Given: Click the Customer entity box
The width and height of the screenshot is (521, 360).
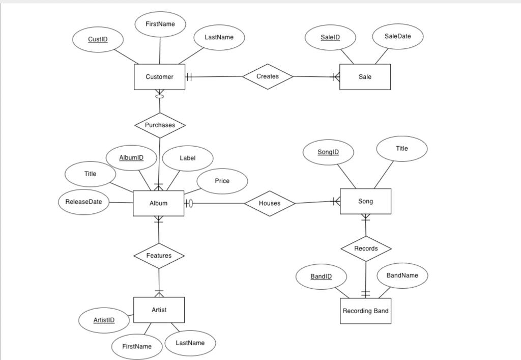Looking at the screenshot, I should [159, 77].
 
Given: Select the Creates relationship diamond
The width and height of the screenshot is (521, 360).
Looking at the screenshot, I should [268, 76].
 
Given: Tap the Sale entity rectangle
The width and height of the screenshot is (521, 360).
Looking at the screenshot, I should [365, 77].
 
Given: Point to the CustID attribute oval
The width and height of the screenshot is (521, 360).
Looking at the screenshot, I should [98, 39].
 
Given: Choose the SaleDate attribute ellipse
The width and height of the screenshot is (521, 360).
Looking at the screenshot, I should [397, 36].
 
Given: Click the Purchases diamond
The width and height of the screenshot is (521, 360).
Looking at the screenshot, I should [160, 125].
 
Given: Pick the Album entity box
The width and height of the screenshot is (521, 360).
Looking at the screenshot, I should [158, 203].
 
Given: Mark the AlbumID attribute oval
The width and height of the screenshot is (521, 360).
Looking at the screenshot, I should [131, 158].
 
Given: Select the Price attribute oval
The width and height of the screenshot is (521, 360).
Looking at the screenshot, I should [222, 181].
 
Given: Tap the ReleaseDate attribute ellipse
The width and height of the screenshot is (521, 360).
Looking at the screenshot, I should [83, 202].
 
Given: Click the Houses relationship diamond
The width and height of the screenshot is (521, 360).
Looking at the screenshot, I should [269, 203].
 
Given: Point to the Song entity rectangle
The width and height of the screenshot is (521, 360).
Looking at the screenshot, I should [365, 201].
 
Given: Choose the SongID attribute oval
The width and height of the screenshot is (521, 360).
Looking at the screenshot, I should [328, 152].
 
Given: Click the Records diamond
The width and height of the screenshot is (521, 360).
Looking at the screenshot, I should [366, 248].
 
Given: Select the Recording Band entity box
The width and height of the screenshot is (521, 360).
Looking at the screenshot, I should [365, 311].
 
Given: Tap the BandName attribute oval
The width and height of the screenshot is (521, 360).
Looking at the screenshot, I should [402, 275].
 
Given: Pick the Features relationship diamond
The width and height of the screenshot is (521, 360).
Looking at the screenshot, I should [159, 256].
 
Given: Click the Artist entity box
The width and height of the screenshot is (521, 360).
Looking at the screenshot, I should [159, 310].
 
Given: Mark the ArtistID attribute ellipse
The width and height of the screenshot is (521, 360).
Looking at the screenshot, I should [104, 320].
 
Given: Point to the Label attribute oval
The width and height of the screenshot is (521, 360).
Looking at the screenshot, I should [187, 158].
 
